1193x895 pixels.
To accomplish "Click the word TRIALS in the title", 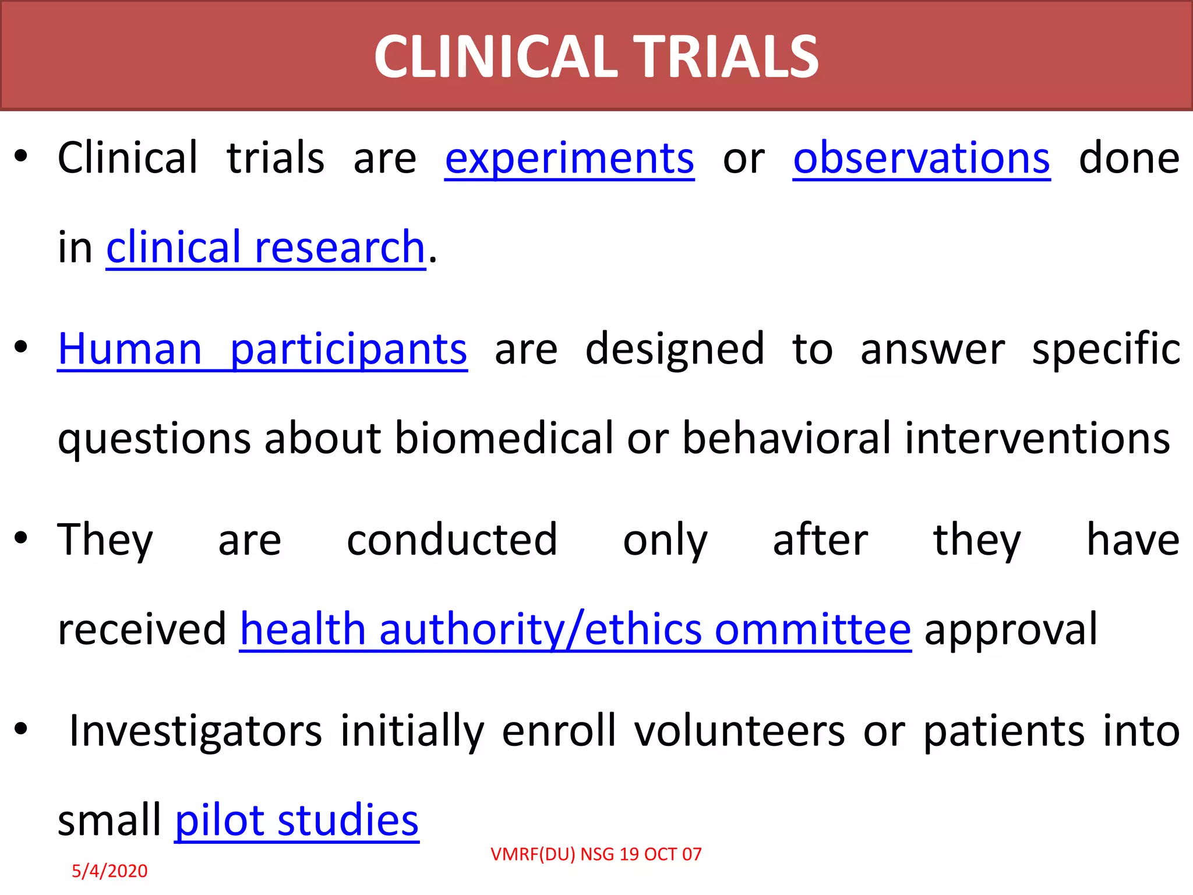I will click(x=726, y=57).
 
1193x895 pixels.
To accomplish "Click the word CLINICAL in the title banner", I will click(x=495, y=57).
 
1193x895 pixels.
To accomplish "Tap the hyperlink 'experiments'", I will click(x=569, y=158).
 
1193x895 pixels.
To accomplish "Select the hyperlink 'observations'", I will click(x=922, y=158).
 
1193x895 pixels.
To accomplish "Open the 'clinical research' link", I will click(x=266, y=248).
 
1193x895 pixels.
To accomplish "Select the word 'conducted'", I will click(x=452, y=540).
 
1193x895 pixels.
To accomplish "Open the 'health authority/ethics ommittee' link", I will click(x=575, y=630).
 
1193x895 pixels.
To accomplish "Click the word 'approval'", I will click(x=1011, y=630).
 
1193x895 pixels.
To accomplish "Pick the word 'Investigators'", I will click(x=195, y=731).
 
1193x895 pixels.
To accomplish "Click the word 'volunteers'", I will click(x=739, y=731).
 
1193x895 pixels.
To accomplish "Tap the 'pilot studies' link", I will click(x=297, y=820).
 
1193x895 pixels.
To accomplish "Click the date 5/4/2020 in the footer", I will click(x=110, y=871).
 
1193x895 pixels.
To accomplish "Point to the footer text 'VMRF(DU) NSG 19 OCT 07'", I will click(x=596, y=854).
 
